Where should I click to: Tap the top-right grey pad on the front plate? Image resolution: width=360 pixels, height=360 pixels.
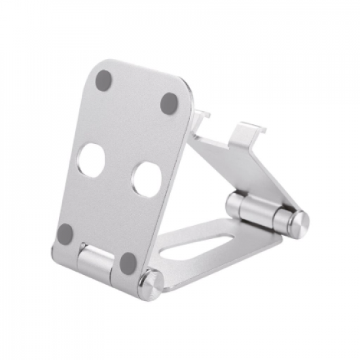[x=170, y=103]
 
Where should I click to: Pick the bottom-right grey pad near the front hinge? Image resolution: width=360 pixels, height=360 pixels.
[x=128, y=263]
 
